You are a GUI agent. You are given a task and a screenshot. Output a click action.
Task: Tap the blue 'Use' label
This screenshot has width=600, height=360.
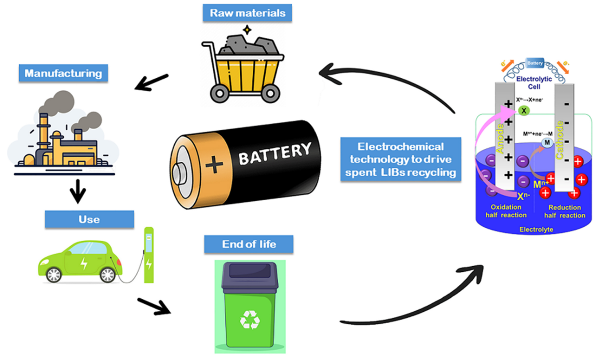coord(89,219)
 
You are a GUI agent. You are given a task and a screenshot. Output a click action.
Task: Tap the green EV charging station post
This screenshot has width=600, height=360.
coord(149,254)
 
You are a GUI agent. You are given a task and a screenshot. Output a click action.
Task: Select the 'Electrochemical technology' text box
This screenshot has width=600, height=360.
coord(401,159)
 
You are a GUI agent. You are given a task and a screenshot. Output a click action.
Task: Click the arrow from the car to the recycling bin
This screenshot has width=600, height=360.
coord(154,306)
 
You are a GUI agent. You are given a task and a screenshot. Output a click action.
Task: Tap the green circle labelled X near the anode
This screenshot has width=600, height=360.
coord(523,110)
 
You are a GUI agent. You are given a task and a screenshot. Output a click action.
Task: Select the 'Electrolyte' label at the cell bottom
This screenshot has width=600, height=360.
coord(535,229)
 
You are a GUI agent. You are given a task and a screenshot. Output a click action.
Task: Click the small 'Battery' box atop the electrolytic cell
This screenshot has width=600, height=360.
coord(535,63)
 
